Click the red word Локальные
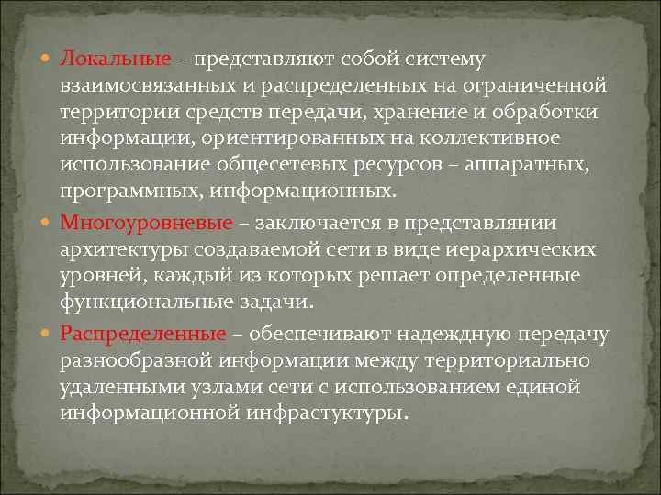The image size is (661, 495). point(116,60)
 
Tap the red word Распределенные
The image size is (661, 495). point(144,334)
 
